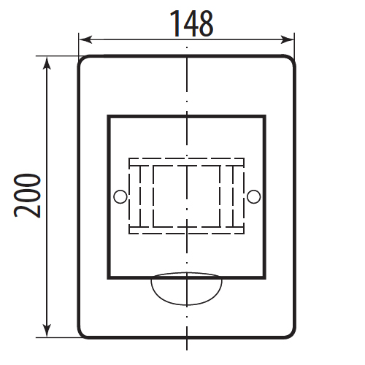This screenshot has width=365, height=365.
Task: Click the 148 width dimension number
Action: pyautogui.click(x=192, y=23)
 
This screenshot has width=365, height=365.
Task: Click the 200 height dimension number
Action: pyautogui.click(x=27, y=196)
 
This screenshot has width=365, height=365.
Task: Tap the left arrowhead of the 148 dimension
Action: pyautogui.click(x=85, y=39)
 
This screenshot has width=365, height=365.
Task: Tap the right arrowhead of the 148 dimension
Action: pyautogui.click(x=287, y=39)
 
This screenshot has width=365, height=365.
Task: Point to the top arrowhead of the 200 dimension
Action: pyautogui.click(x=47, y=63)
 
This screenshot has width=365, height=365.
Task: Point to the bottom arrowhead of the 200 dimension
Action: pyautogui.click(x=47, y=331)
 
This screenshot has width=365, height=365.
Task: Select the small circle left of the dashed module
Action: pyautogui.click(x=120, y=196)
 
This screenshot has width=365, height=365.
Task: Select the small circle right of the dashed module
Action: pyautogui.click(x=253, y=196)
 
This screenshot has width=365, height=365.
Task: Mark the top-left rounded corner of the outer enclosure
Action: pyautogui.click(x=81, y=59)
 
